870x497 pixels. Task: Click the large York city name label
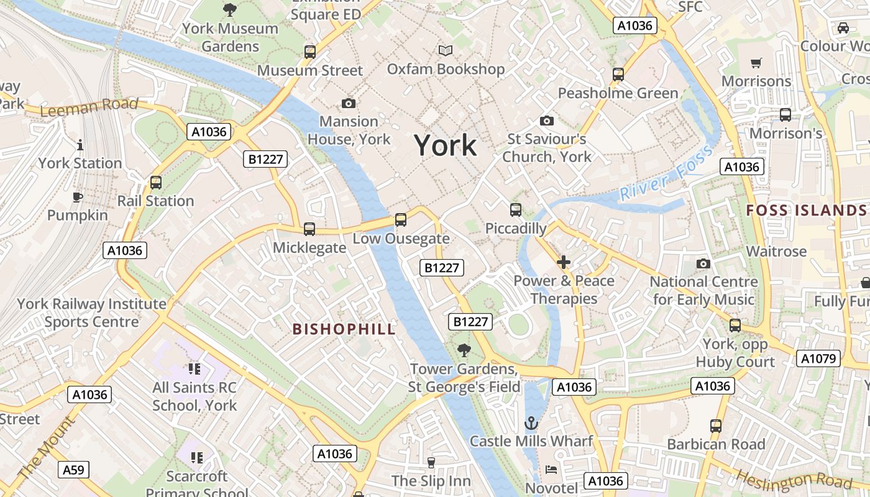tap(446, 146)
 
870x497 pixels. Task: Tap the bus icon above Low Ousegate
tap(401, 220)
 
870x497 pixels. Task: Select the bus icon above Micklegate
tap(309, 229)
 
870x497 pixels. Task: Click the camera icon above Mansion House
tap(349, 103)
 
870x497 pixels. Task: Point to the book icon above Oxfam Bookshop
tap(446, 50)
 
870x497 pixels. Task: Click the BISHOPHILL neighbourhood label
tap(344, 329)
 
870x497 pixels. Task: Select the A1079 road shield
tap(818, 358)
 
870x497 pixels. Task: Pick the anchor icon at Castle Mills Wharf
tap(531, 424)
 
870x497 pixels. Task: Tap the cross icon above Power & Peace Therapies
tap(564, 262)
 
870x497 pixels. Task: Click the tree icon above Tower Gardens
tap(464, 351)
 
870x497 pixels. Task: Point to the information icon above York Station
tap(80, 145)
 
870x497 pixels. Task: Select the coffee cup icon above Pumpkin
tap(77, 198)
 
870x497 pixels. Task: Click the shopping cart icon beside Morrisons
tap(756, 63)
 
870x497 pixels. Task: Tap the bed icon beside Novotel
tap(551, 470)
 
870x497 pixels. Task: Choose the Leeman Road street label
tap(89, 107)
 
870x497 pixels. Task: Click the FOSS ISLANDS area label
tap(806, 211)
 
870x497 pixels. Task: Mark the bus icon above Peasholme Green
tap(618, 75)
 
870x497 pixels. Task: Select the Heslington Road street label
tap(802, 480)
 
